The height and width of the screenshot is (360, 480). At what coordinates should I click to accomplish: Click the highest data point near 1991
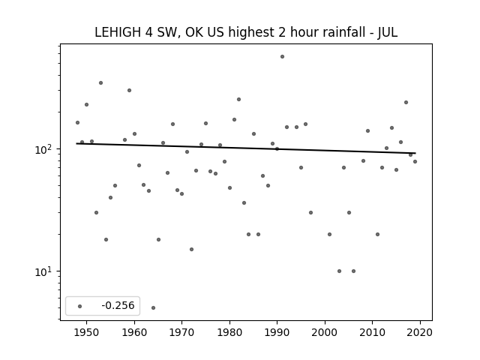(282, 57)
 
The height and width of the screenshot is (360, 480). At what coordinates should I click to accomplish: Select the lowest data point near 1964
(153, 307)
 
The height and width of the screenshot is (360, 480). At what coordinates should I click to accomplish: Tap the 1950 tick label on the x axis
(87, 332)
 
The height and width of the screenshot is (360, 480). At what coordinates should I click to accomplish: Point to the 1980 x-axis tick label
(229, 332)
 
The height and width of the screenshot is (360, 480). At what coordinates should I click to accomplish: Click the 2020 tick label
(420, 332)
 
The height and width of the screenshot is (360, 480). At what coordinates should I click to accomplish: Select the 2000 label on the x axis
(325, 332)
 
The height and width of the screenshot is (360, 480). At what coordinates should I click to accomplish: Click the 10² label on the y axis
(45, 149)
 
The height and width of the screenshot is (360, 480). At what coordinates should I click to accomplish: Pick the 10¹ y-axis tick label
(45, 271)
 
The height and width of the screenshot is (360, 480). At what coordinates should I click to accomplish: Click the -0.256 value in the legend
(118, 305)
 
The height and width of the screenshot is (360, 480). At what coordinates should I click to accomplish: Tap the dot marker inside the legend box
(80, 306)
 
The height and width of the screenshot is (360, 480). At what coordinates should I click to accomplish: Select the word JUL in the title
(388, 32)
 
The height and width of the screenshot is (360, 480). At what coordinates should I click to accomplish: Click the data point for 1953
(100, 83)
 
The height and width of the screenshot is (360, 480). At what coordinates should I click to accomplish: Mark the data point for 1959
(130, 90)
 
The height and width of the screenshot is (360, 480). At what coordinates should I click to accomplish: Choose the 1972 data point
(192, 249)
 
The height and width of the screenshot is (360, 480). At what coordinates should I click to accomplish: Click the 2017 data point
(406, 102)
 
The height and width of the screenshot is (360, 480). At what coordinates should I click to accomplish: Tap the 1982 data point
(238, 100)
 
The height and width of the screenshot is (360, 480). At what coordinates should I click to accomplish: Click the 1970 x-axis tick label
(181, 332)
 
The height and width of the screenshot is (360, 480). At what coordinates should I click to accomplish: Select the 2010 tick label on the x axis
(373, 332)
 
